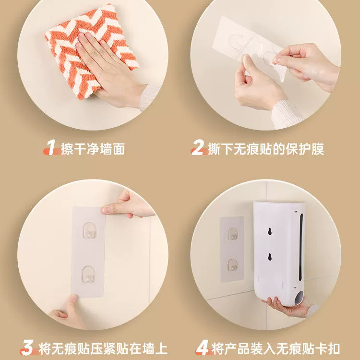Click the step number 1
(x=51, y=147)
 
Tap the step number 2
(x=198, y=147)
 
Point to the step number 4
(x=202, y=348)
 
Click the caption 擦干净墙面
(x=93, y=149)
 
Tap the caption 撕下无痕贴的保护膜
(x=266, y=149)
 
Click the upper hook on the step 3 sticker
(x=89, y=230)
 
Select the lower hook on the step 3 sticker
(x=88, y=274)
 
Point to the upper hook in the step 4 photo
(x=233, y=234)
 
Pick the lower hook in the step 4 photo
(x=233, y=264)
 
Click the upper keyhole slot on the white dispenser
(x=270, y=231)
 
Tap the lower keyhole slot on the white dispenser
(x=270, y=257)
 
